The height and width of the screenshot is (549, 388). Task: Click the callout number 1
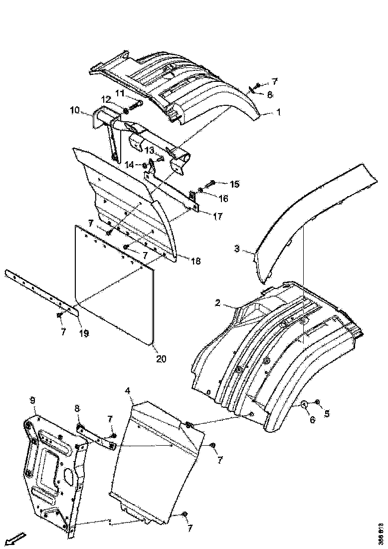click(x=278, y=113)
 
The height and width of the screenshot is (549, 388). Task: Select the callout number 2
click(x=217, y=303)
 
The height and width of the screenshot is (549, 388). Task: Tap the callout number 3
click(x=237, y=249)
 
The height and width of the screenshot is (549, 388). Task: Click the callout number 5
click(x=327, y=413)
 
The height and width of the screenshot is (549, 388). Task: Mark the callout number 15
click(x=234, y=184)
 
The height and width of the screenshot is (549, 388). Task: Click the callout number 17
click(x=218, y=217)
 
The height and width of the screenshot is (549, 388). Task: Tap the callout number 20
click(x=161, y=358)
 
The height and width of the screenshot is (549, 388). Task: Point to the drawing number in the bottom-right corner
click(x=381, y=534)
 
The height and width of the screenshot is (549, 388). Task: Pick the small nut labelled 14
click(x=145, y=165)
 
